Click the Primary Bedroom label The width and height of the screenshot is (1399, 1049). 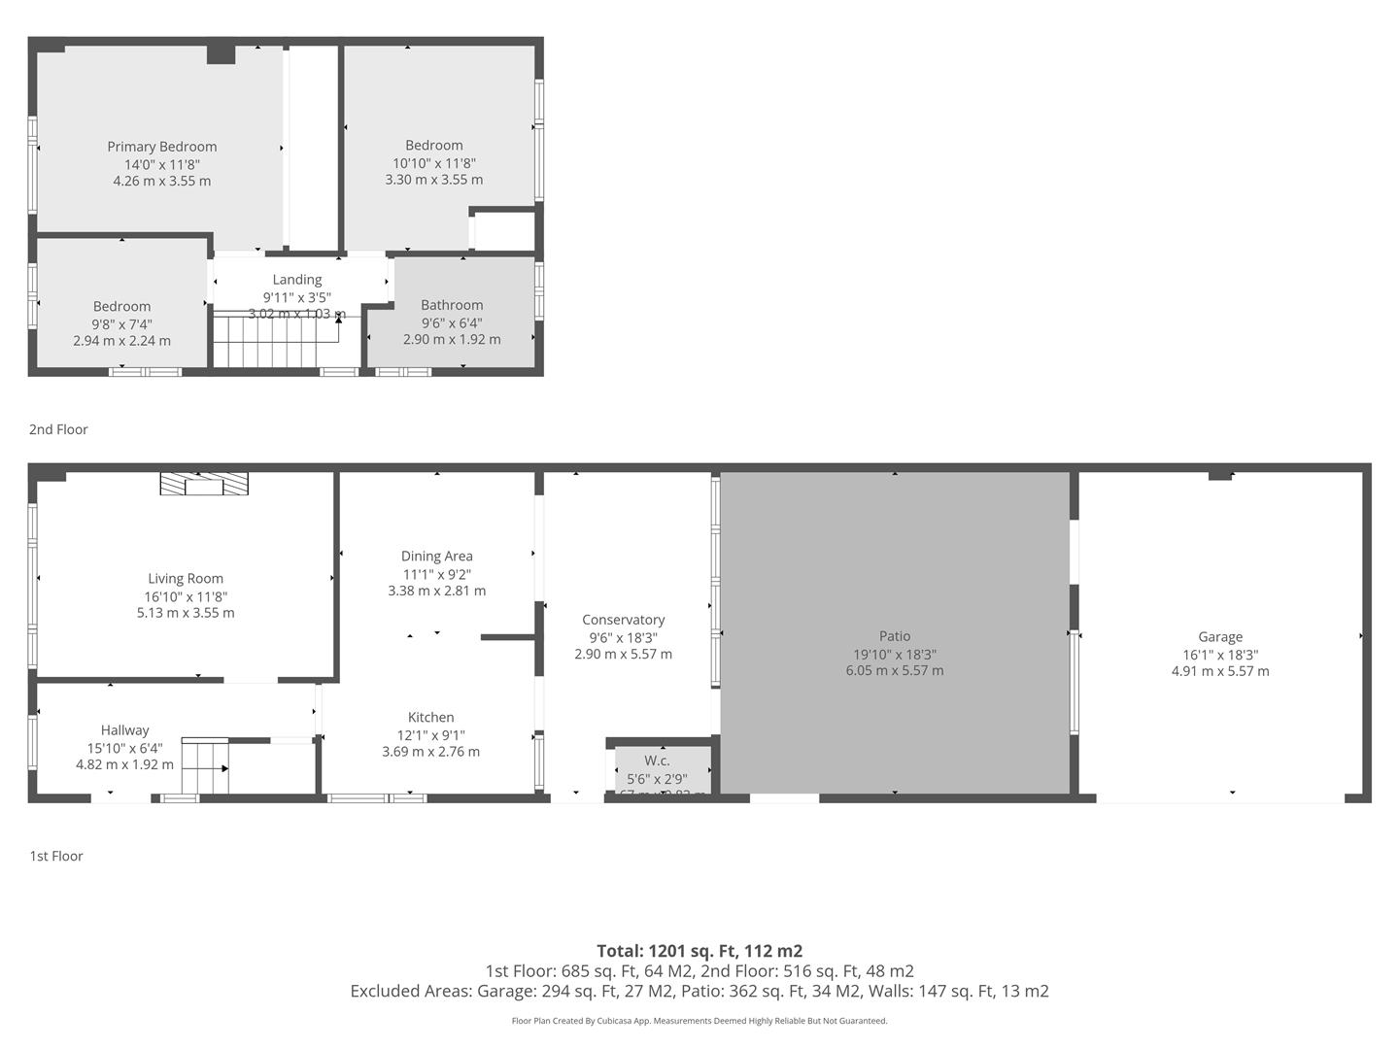(162, 147)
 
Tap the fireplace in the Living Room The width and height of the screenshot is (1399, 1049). (204, 484)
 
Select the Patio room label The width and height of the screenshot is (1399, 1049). (895, 636)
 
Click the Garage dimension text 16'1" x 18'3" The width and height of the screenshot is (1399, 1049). (1220, 655)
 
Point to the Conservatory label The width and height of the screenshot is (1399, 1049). (623, 620)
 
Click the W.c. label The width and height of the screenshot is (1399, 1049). (657, 761)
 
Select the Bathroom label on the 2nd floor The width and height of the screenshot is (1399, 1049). (452, 305)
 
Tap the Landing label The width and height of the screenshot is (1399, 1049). (296, 280)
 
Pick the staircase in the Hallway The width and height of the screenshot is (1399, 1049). (205, 767)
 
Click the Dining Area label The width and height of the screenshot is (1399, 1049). (436, 557)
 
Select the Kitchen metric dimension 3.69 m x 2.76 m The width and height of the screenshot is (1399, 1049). (430, 752)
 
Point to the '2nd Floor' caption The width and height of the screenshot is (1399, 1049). (58, 429)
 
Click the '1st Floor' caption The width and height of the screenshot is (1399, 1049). (56, 856)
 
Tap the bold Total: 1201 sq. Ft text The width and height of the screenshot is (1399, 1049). (699, 951)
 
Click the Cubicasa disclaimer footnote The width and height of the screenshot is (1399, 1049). (699, 1021)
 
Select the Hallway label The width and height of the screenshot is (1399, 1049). (124, 730)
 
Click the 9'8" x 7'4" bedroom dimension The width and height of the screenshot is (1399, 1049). (121, 324)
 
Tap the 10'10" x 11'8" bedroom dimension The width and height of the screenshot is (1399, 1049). (434, 163)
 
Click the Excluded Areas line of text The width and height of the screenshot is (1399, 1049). (699, 991)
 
